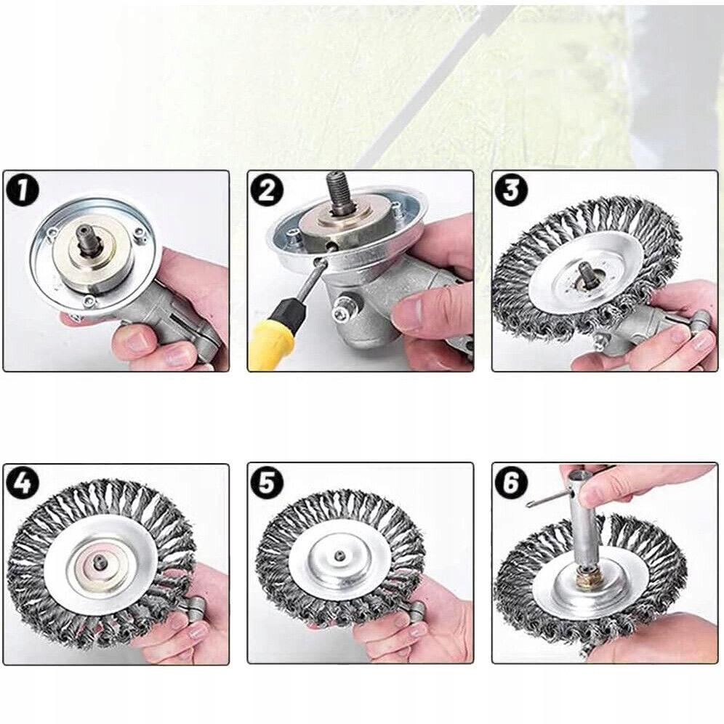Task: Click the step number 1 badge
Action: [23, 190]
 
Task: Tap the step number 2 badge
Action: [267, 190]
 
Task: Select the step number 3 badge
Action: [511, 190]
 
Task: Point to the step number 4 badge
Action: [23, 484]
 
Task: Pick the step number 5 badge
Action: [267, 484]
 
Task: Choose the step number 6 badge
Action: [511, 484]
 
